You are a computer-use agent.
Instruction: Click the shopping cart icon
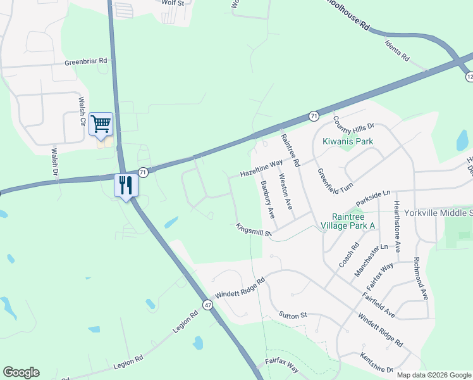click(x=101, y=124)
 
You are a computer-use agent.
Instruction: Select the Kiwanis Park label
click(x=348, y=141)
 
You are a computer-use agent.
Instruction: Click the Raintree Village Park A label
click(x=348, y=220)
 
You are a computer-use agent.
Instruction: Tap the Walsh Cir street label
click(x=82, y=111)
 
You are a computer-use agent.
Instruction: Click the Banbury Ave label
click(x=267, y=199)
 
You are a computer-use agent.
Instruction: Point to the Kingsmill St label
click(x=254, y=230)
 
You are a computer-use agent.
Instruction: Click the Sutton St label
click(x=293, y=315)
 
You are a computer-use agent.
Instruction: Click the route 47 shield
click(x=207, y=305)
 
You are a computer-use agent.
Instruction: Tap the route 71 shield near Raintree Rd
click(x=314, y=116)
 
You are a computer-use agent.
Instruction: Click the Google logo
click(x=21, y=372)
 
